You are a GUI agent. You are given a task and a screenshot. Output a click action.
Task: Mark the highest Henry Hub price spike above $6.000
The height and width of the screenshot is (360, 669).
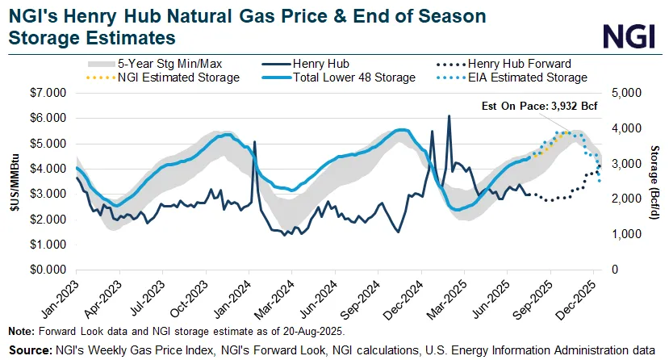(x=449, y=116)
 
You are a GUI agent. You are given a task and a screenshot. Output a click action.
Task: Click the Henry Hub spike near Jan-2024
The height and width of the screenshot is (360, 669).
(x=255, y=142)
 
